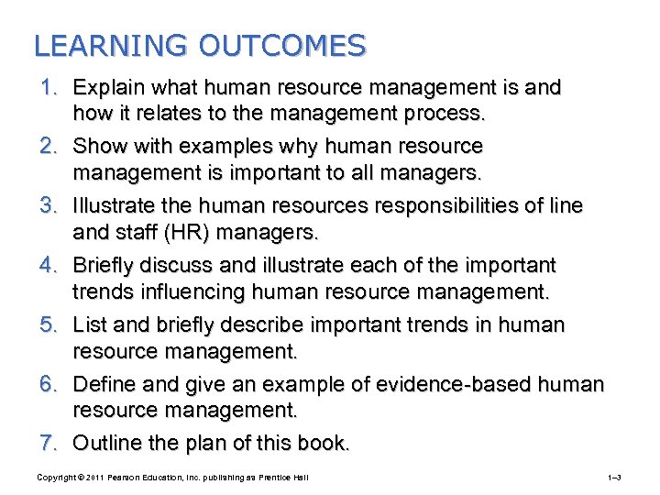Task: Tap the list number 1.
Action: pos(51,88)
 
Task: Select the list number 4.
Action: pos(51,266)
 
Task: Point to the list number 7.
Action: pos(51,445)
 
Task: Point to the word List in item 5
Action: pos(89,325)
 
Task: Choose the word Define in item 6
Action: pos(103,385)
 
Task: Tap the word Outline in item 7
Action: pos(104,445)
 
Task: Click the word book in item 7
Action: pos(324,445)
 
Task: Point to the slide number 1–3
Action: pos(614,478)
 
